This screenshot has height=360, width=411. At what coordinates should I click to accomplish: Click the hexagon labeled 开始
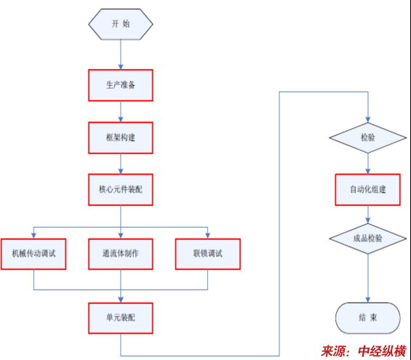coord(121,24)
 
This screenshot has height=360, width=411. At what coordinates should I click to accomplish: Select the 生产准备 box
coord(121,85)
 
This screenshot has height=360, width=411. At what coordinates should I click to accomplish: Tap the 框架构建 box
coord(121,137)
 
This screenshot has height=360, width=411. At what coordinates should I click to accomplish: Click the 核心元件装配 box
coord(121,189)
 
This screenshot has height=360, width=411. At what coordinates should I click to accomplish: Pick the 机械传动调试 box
coord(33,254)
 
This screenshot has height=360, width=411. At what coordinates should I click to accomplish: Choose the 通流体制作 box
coord(121,254)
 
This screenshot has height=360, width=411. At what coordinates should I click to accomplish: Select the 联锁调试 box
coord(208,254)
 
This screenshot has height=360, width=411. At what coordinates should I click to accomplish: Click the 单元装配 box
coord(121,318)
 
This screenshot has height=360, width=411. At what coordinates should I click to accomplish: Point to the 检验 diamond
coord(368,137)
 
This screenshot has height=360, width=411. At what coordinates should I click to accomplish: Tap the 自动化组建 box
coord(368,189)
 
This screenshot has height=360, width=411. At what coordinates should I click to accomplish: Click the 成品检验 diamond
coord(368,239)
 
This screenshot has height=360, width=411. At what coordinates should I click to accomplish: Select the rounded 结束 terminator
coord(368,318)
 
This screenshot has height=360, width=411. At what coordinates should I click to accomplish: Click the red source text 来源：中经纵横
coord(364,351)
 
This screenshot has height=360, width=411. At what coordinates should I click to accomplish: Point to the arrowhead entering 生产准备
coord(121,67)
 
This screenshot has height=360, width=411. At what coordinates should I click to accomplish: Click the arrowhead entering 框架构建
coord(121,119)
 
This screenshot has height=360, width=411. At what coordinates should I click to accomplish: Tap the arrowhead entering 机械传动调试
coord(33,236)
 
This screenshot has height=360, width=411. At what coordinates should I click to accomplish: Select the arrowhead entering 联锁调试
coord(208,236)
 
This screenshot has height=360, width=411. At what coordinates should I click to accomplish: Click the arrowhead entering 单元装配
coord(121,300)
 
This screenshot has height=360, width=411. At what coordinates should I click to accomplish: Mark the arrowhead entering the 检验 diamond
coord(368,120)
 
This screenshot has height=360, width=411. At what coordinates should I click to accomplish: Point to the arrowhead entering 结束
coord(368,300)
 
